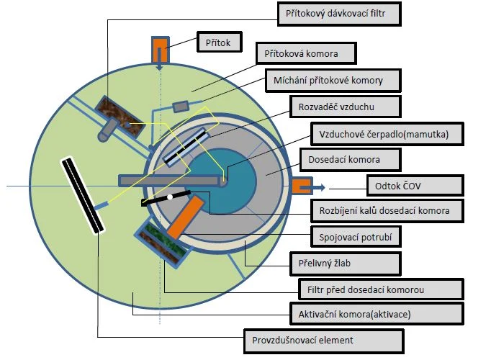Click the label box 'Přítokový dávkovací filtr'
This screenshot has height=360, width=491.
(x=339, y=14)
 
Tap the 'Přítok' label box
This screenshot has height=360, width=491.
(x=220, y=42)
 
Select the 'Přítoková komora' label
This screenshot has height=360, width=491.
(x=306, y=53)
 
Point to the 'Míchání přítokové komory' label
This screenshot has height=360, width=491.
(x=333, y=81)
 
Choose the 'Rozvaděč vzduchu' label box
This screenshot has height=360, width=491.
(x=346, y=107)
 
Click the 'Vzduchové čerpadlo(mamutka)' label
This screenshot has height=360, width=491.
(x=387, y=134)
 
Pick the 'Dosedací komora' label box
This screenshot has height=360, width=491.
(x=351, y=160)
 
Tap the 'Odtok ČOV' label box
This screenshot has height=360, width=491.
(x=415, y=186)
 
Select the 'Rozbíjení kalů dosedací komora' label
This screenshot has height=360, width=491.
(x=387, y=211)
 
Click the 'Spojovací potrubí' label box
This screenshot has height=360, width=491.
(x=356, y=237)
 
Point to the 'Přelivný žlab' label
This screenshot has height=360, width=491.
(x=346, y=264)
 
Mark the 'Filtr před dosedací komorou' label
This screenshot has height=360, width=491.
(x=381, y=289)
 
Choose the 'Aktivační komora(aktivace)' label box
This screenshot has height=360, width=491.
(x=377, y=314)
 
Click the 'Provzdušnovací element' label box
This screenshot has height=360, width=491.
(x=324, y=341)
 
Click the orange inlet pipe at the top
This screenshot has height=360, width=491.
(x=161, y=50)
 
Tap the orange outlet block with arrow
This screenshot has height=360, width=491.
(x=302, y=186)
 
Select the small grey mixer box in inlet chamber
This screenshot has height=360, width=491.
(x=181, y=107)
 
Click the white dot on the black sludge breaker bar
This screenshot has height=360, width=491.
(x=170, y=197)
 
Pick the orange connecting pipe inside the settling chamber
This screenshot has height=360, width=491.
(x=185, y=217)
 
